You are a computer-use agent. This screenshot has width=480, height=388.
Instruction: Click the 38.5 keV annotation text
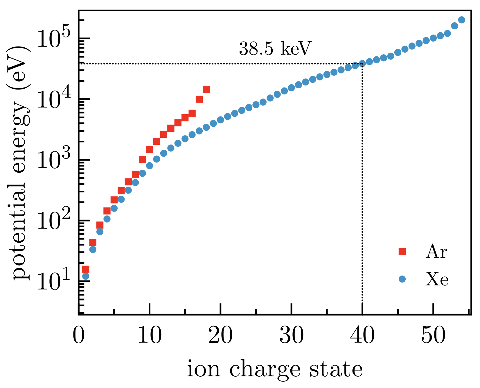pyautogui.click(x=275, y=49)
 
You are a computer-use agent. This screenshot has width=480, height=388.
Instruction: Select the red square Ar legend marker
pyautogui.click(x=402, y=251)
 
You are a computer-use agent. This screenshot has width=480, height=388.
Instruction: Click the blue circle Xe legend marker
pyautogui.click(x=402, y=279)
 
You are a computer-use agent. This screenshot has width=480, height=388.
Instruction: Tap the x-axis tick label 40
pyautogui.click(x=362, y=336)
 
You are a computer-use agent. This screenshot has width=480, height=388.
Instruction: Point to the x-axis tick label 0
pyautogui.click(x=78, y=336)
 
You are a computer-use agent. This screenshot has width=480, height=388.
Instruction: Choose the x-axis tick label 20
pyautogui.click(x=220, y=336)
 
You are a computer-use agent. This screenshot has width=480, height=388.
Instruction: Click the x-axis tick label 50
pyautogui.click(x=433, y=336)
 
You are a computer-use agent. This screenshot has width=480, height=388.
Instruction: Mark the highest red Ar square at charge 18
pyautogui.click(x=206, y=90)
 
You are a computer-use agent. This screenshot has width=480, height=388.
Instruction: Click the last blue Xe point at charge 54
pyautogui.click(x=461, y=20)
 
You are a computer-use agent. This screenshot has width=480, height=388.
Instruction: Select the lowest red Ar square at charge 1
pyautogui.click(x=86, y=269)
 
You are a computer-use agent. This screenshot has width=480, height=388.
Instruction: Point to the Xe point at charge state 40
pyautogui.click(x=362, y=63)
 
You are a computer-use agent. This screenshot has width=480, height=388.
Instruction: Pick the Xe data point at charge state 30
pyautogui.click(x=291, y=88)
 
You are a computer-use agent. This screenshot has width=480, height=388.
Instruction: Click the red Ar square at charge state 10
pyautogui.click(x=150, y=149)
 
